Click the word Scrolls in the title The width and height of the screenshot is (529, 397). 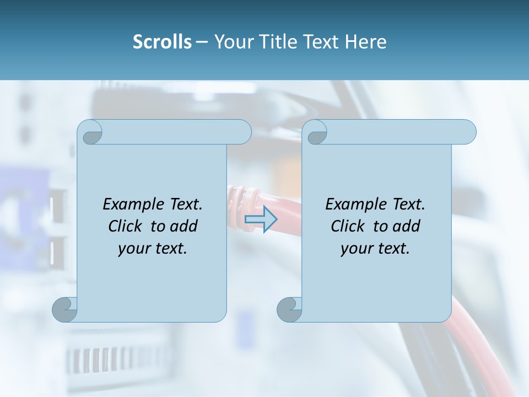162,42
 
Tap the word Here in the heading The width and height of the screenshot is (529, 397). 366,42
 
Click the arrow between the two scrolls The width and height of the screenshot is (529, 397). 261,219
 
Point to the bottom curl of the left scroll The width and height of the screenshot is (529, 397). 65,309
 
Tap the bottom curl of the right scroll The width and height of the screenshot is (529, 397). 289,309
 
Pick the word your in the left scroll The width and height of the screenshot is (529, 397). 133,249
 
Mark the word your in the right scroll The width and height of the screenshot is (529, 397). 355,249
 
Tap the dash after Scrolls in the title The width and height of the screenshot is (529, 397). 202,42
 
